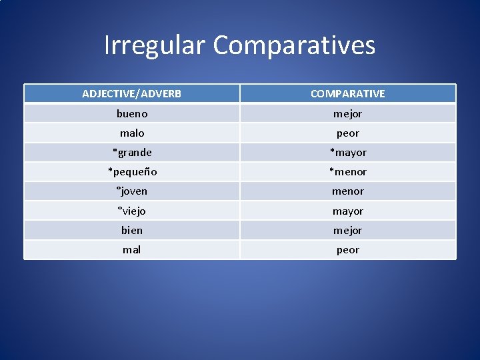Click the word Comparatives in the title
tap(294, 45)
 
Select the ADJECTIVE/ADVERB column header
tap(131, 94)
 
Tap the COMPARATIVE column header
tap(347, 94)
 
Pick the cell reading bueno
tap(131, 113)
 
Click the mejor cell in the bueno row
tap(347, 113)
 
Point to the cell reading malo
tap(131, 133)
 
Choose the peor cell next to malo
tap(347, 133)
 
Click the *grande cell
tap(131, 152)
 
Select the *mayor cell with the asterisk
tap(347, 152)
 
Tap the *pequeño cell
tap(131, 171)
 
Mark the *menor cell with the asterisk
tap(347, 171)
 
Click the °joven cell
tap(131, 191)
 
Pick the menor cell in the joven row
tap(347, 191)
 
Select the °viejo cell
tap(131, 211)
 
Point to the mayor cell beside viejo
tap(347, 211)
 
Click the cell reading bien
tap(131, 230)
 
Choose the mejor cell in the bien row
tap(347, 230)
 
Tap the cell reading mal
tap(131, 250)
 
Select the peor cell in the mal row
tap(347, 250)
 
